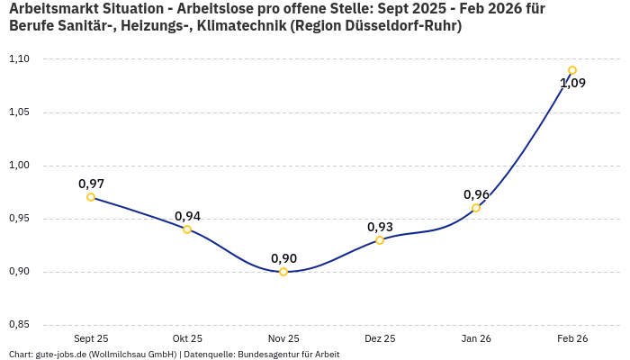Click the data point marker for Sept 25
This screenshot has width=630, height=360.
click(91, 197)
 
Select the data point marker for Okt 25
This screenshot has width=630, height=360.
click(187, 229)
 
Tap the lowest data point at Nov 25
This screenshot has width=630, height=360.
click(283, 272)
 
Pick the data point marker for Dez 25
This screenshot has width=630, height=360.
click(380, 240)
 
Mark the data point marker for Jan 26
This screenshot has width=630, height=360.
click(476, 208)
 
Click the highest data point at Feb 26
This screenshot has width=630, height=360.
click(572, 70)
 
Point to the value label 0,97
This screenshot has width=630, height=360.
click(91, 184)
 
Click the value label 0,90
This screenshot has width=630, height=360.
click(283, 258)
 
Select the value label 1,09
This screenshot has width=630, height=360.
click(572, 84)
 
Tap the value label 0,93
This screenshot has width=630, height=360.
click(380, 227)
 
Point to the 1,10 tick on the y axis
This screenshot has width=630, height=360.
click(19, 59)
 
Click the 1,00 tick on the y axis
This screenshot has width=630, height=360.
click(19, 166)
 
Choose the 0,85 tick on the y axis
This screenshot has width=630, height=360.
click(19, 325)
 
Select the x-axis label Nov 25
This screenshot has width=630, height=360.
click(283, 338)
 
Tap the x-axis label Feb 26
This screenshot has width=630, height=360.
click(572, 338)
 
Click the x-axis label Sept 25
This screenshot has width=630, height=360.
click(91, 338)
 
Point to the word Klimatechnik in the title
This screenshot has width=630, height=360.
click(235, 26)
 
